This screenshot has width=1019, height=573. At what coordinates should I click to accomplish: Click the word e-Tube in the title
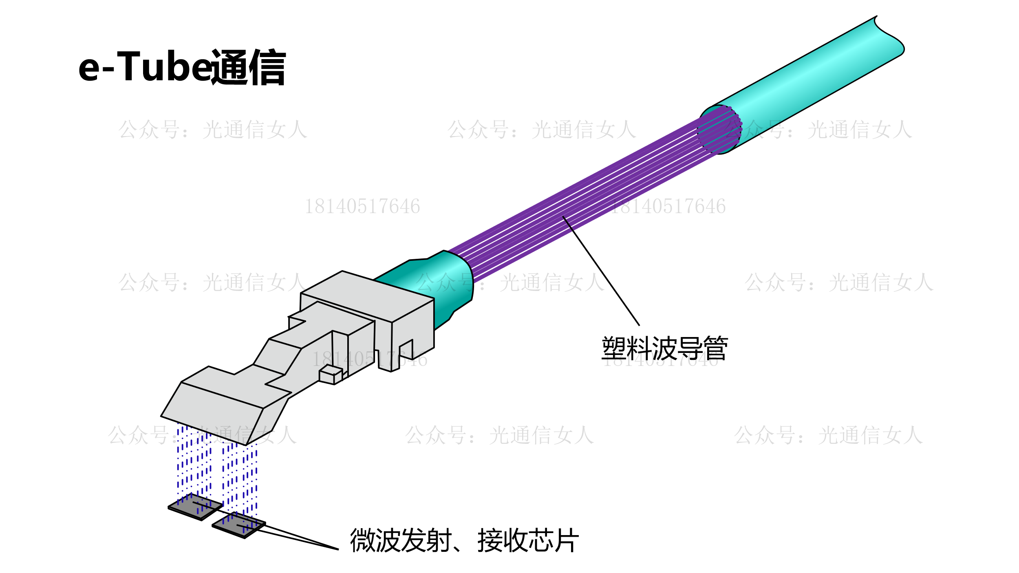coord(145,66)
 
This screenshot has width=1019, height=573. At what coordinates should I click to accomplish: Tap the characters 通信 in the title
coord(249,67)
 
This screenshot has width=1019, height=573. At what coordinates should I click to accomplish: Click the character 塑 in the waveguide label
coord(614,348)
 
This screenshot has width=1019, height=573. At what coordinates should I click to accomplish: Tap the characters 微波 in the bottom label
coord(375,540)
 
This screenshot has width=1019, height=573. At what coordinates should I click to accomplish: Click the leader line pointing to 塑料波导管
coord(601,271)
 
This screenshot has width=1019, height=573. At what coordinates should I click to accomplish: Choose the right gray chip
coord(239,526)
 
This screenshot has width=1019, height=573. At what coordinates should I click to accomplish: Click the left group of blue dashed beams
coord(194,465)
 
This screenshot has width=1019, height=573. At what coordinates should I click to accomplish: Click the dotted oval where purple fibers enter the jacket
coord(719,130)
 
